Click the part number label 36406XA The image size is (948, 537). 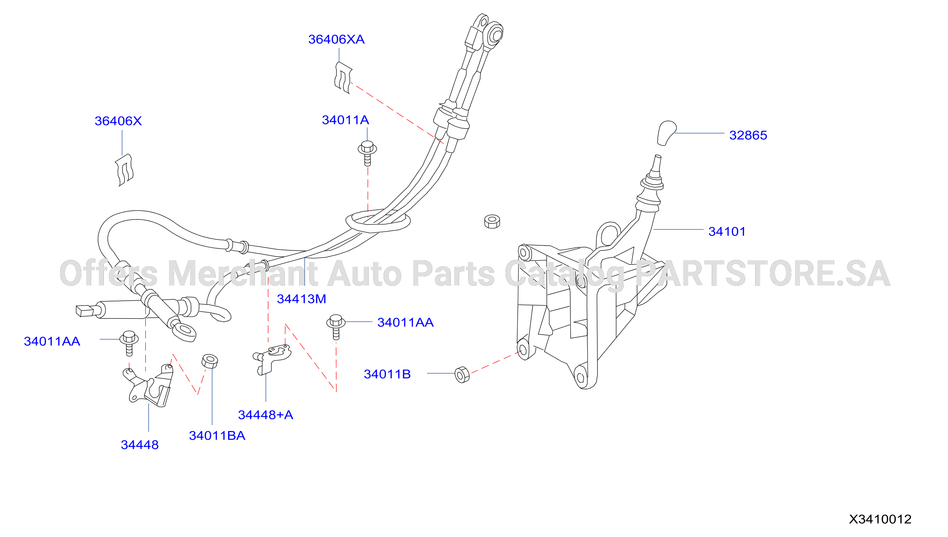coord(336,39)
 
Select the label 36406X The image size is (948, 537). coord(118,121)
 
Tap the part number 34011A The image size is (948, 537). coord(346,120)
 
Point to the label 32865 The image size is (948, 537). coord(748,135)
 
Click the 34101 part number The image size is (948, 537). coord(727,232)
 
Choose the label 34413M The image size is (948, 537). coord(302,299)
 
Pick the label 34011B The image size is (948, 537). coord(387,374)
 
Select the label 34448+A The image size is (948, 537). coord(266,415)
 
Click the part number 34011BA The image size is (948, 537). coord(217,436)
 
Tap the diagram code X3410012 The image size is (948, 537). coord(880,519)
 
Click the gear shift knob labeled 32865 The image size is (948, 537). coord(666,133)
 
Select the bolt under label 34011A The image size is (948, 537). coord(367,153)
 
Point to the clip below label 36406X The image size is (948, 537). coord(124,170)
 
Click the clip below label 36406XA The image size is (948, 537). coord(343,78)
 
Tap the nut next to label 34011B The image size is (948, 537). coord(462,375)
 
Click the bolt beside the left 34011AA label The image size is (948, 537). coord(129,343)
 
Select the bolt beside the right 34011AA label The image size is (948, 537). coord(336,326)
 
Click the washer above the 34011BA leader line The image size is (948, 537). coord(210,361)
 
